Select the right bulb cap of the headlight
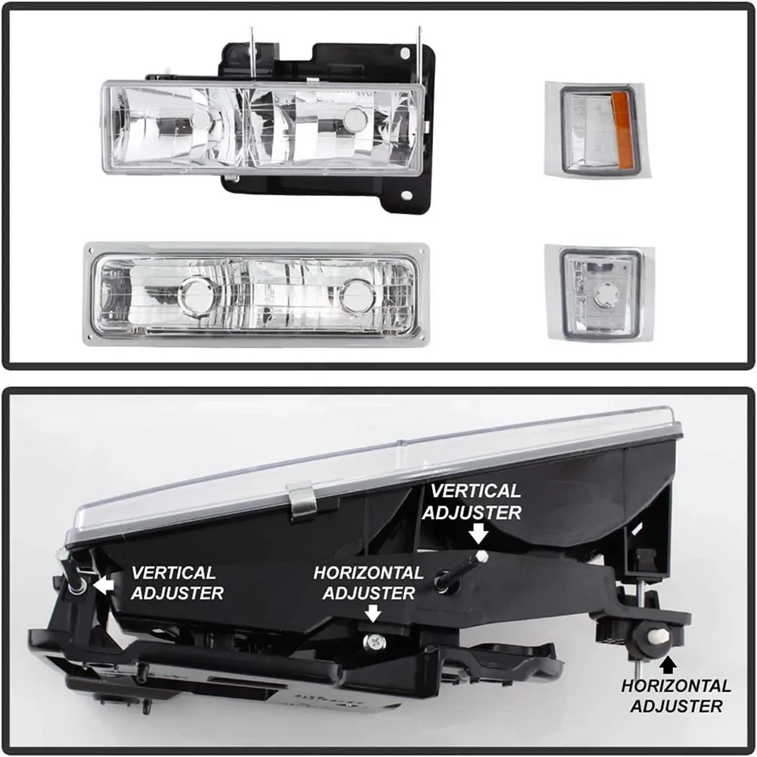(x=354, y=120)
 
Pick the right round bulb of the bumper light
(x=357, y=294)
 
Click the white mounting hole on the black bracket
(x=407, y=196)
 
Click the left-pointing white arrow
(x=104, y=584)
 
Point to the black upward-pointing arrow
(x=668, y=665)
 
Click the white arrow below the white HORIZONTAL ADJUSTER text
(x=372, y=612)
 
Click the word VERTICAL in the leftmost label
(x=173, y=573)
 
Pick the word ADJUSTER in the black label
(x=676, y=706)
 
